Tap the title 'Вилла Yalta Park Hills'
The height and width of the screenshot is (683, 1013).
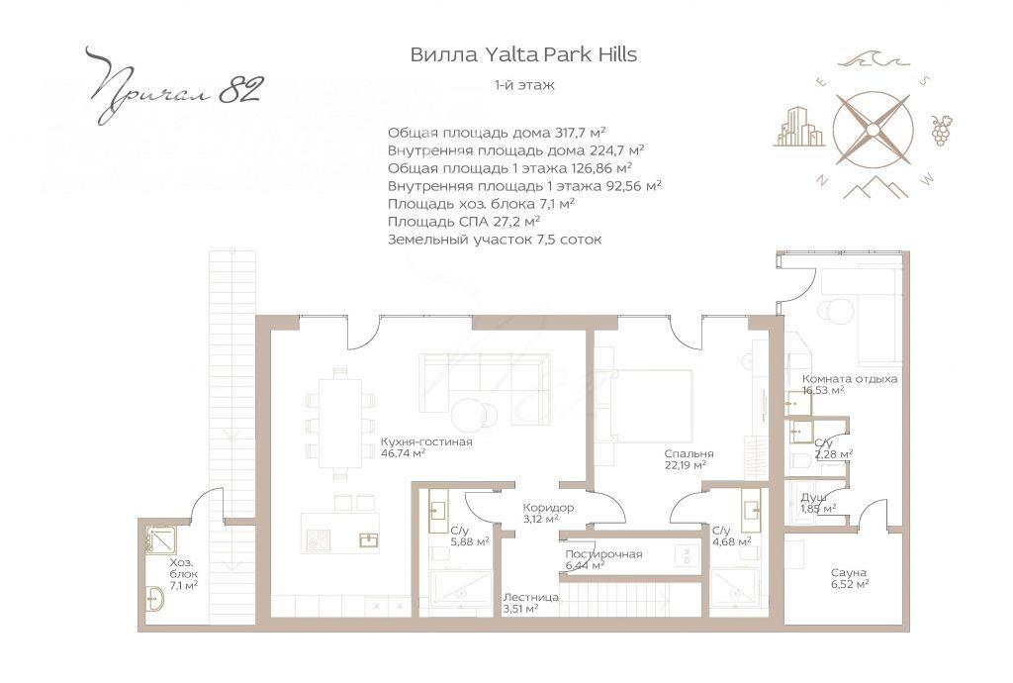(523, 54)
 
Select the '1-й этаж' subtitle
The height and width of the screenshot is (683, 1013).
(524, 85)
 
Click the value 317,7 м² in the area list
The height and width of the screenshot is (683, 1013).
(580, 133)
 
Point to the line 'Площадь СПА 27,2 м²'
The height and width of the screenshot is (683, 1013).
(464, 222)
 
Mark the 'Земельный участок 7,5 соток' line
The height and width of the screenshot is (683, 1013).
(495, 240)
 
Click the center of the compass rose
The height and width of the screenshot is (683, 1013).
(873, 130)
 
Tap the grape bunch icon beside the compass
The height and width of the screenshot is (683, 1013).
(941, 130)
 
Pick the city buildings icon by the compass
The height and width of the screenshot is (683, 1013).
(799, 127)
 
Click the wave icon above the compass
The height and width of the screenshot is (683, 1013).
(874, 60)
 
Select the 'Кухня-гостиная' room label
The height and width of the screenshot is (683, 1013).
(426, 442)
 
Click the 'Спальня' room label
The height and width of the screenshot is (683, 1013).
(689, 453)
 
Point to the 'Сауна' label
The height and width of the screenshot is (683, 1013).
(849, 572)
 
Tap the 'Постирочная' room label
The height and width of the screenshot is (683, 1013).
(603, 553)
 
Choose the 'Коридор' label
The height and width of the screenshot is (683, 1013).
(548, 508)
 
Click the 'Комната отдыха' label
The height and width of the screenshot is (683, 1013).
(850, 379)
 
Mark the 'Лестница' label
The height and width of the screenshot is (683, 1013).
(531, 597)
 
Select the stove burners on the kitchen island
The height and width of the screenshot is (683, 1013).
(318, 539)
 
